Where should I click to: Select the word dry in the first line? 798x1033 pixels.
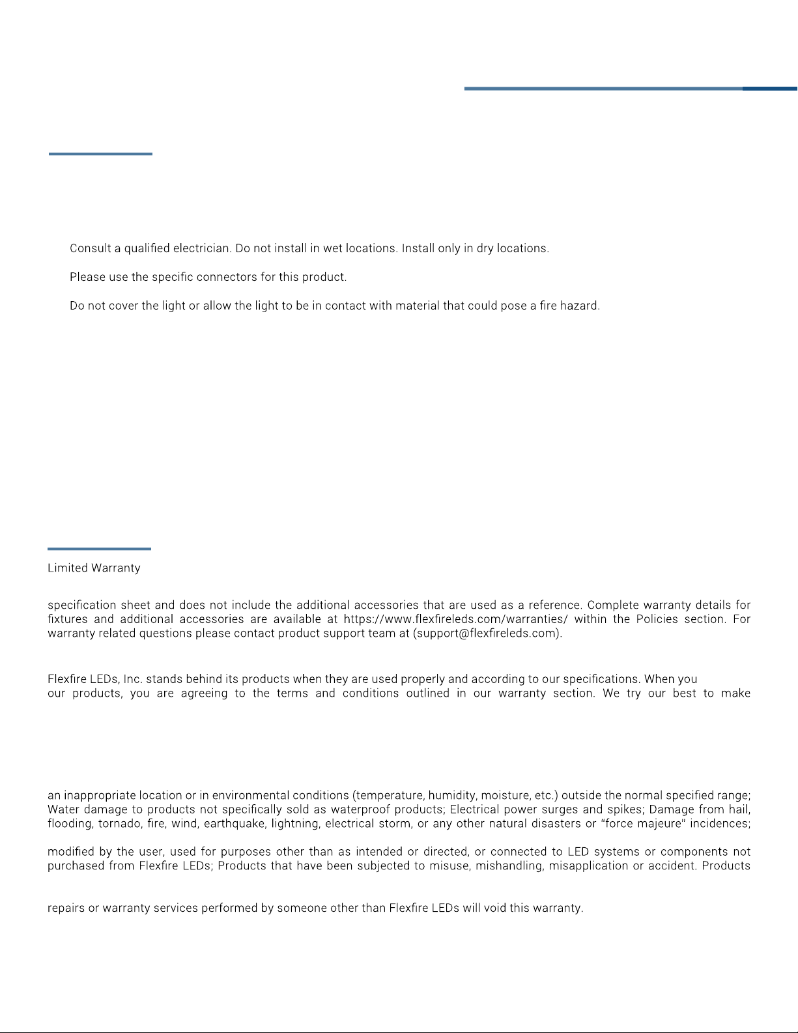coord(486,248)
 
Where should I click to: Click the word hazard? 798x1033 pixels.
coord(578,306)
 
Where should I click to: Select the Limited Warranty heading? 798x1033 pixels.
coord(94,568)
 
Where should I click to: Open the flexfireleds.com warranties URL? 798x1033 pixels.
coord(455,619)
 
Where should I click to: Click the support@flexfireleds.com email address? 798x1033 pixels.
coord(487,633)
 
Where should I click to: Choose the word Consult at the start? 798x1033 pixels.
coord(90,248)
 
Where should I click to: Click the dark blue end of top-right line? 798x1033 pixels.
coord(770,88)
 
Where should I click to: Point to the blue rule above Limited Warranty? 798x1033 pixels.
coord(99,549)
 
